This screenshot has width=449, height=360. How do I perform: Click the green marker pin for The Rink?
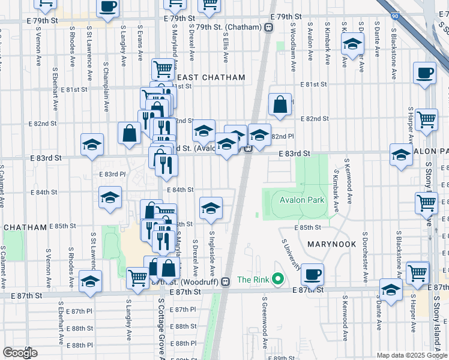(277, 279)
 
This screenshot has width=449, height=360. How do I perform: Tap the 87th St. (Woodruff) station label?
(193, 281)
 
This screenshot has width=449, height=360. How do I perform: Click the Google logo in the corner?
(20, 353)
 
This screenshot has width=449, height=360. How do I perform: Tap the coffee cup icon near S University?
(312, 275)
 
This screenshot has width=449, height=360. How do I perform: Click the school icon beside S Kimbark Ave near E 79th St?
(352, 44)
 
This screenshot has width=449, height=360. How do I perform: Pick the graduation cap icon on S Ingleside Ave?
(210, 208)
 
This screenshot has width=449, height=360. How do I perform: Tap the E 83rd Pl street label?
(112, 174)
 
